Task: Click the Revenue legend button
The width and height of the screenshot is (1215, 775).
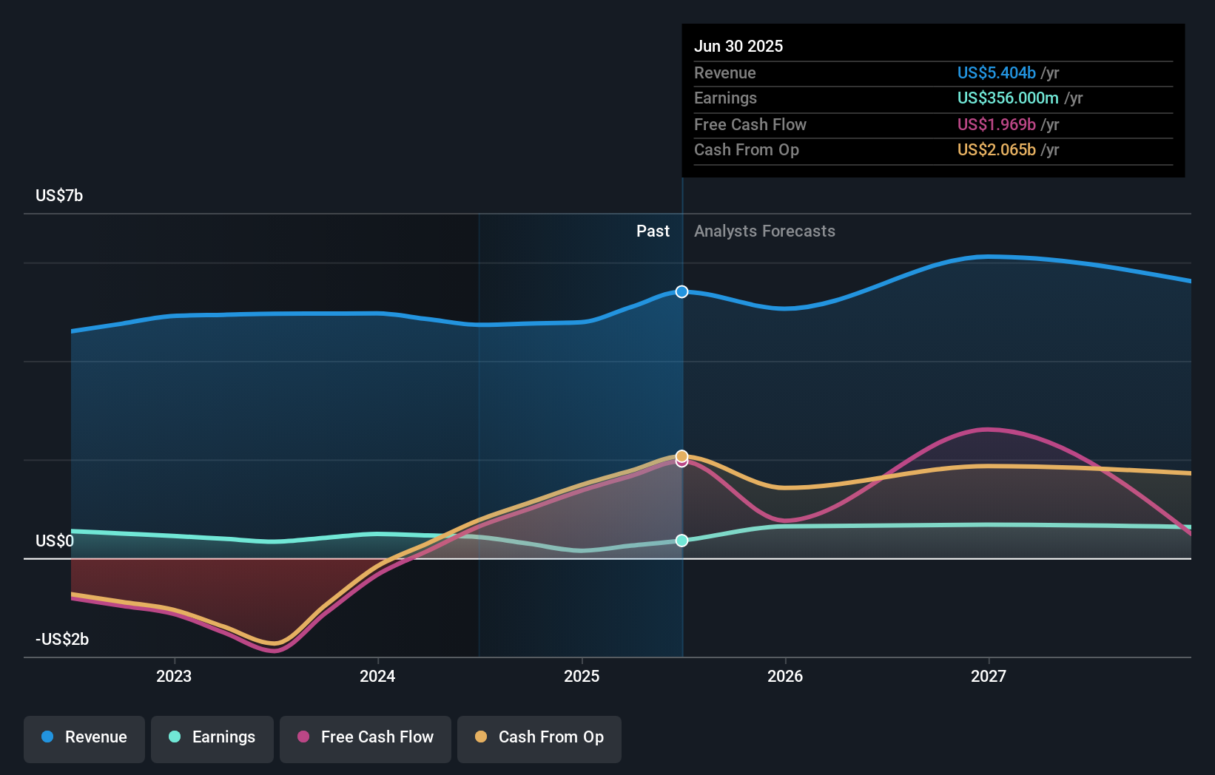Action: (x=84, y=737)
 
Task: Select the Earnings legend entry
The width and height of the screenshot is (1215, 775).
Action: (x=212, y=737)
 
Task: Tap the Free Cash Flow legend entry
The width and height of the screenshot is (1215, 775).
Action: (x=366, y=737)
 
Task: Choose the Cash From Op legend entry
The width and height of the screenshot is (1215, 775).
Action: (x=539, y=737)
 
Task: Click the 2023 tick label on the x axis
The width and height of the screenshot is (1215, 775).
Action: (x=174, y=676)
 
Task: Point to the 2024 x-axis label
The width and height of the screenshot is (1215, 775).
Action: (x=377, y=676)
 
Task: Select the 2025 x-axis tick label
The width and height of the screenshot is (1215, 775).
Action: (x=582, y=676)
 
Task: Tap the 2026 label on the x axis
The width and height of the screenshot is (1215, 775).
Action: (x=785, y=676)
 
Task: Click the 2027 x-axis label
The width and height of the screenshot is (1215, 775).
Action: (x=989, y=676)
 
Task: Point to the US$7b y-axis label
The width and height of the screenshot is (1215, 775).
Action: (x=59, y=195)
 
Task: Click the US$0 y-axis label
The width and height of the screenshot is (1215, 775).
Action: (x=55, y=541)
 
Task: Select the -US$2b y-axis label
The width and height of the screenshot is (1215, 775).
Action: (x=62, y=639)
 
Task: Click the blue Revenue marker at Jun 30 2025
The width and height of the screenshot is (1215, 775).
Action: (x=681, y=292)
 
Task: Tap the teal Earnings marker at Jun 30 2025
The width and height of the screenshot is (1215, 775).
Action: (x=681, y=541)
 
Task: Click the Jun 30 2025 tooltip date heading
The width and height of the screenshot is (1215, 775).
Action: (x=738, y=46)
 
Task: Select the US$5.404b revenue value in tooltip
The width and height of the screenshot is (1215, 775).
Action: (x=996, y=72)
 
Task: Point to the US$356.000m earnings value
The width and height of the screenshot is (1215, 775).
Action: (x=1007, y=98)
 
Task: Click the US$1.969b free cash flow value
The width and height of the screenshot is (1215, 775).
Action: (x=996, y=124)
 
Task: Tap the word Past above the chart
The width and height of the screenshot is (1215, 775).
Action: (x=653, y=231)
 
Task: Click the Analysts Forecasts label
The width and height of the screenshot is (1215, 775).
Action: (x=764, y=231)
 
